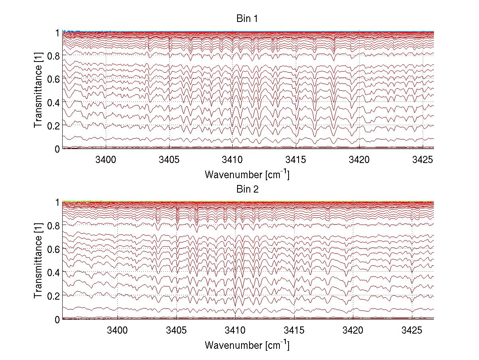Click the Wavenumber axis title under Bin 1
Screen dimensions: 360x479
click(x=247, y=175)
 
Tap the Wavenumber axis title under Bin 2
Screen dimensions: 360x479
click(x=247, y=345)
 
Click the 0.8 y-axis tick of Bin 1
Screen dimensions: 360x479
click(x=54, y=56)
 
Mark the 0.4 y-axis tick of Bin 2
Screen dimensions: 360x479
click(x=54, y=272)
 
